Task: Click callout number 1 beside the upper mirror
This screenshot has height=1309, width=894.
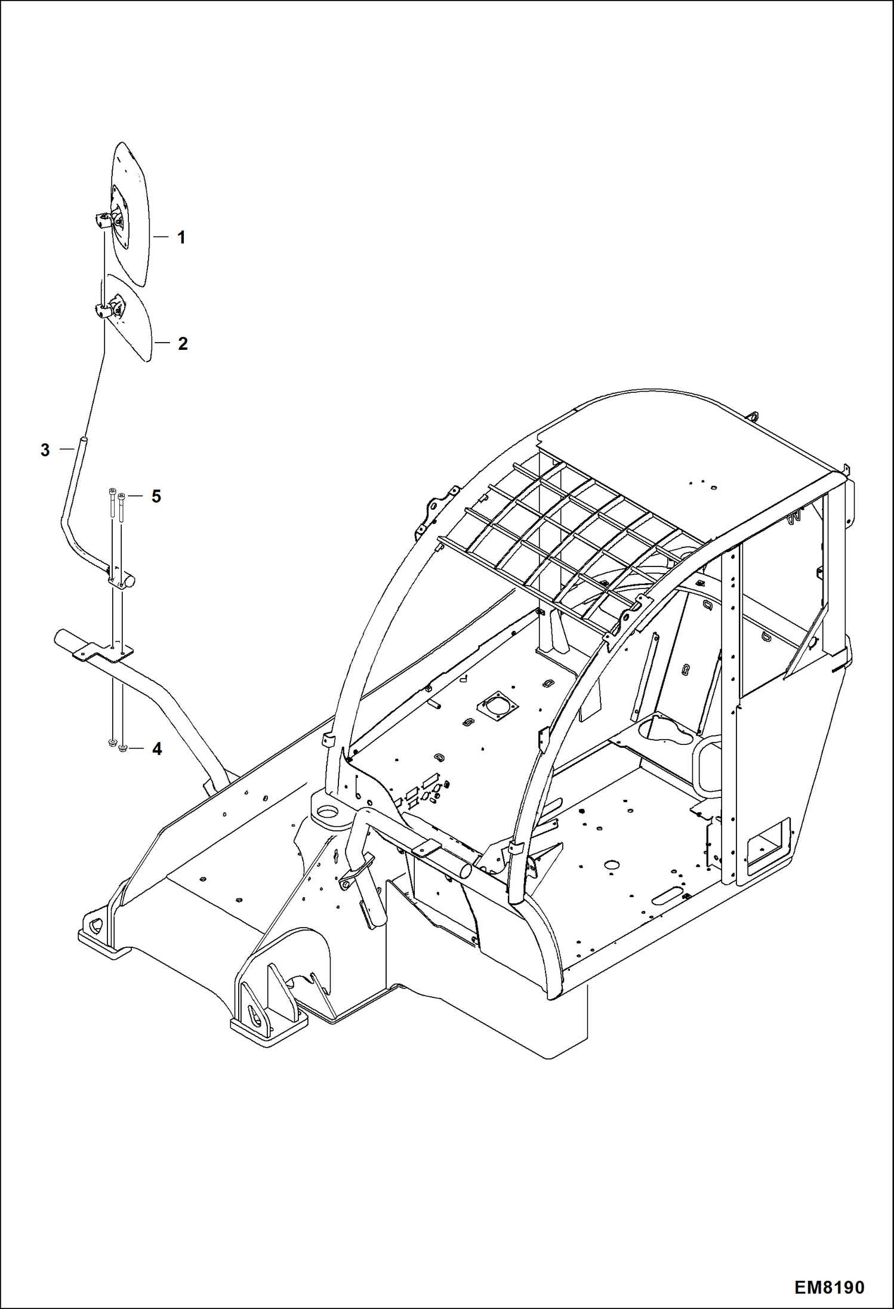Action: [181, 238]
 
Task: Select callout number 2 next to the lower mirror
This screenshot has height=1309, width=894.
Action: [183, 343]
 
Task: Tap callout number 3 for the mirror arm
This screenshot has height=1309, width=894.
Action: [45, 450]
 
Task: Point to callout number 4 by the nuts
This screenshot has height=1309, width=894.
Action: [157, 749]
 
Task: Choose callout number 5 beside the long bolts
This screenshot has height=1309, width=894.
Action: [156, 496]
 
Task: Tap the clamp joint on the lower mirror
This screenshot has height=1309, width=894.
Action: [105, 310]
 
